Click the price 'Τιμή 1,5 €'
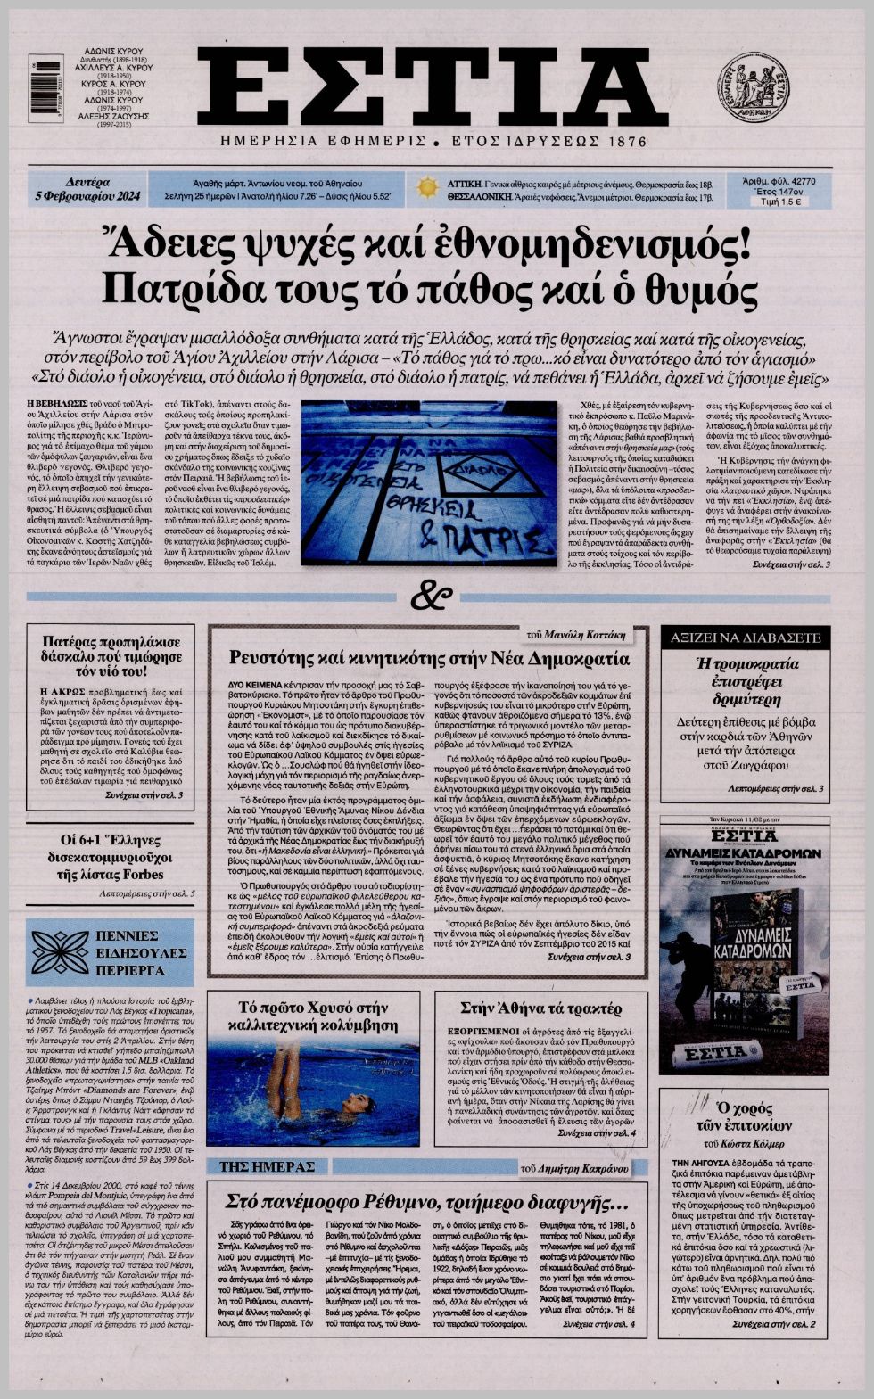click(779, 202)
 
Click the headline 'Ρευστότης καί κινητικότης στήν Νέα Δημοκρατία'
click(429, 659)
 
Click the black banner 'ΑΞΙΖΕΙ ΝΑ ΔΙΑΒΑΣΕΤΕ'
click(745, 638)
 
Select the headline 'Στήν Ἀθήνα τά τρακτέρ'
click(540, 1009)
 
